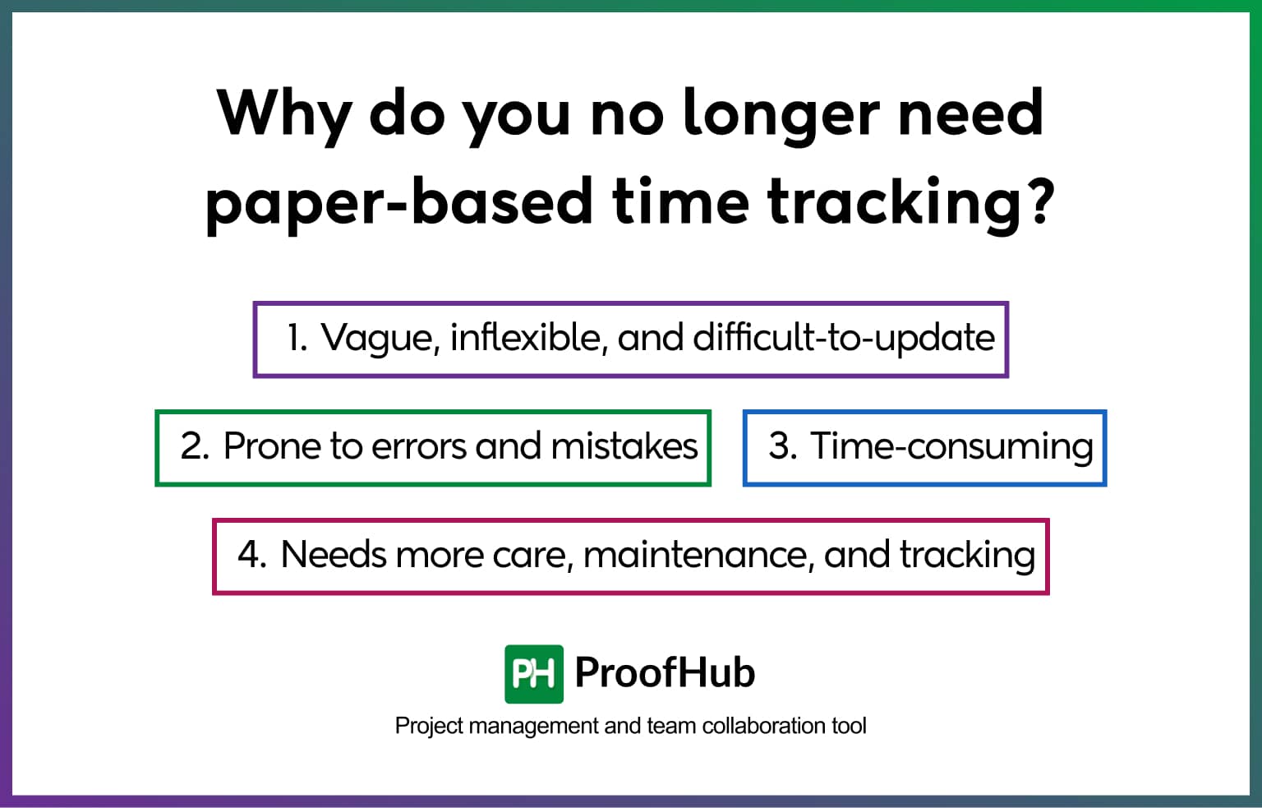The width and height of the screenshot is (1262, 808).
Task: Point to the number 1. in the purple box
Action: pyautogui.click(x=297, y=338)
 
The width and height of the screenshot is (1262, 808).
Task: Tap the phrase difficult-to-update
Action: pyautogui.click(x=844, y=338)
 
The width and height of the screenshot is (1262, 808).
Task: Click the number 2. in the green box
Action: pyautogui.click(x=195, y=446)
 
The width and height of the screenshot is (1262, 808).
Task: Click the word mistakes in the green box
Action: pyautogui.click(x=624, y=446)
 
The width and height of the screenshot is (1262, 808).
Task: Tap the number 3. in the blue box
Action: pyautogui.click(x=782, y=446)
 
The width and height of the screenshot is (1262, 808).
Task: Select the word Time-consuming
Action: pyautogui.click(x=951, y=446)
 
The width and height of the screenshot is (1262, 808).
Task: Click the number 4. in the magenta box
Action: pyautogui.click(x=251, y=555)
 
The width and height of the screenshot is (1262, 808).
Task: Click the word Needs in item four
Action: pyautogui.click(x=333, y=555)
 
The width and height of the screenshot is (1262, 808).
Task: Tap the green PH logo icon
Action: pyautogui.click(x=534, y=674)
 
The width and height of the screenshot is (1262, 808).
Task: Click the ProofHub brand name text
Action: pyautogui.click(x=665, y=672)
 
